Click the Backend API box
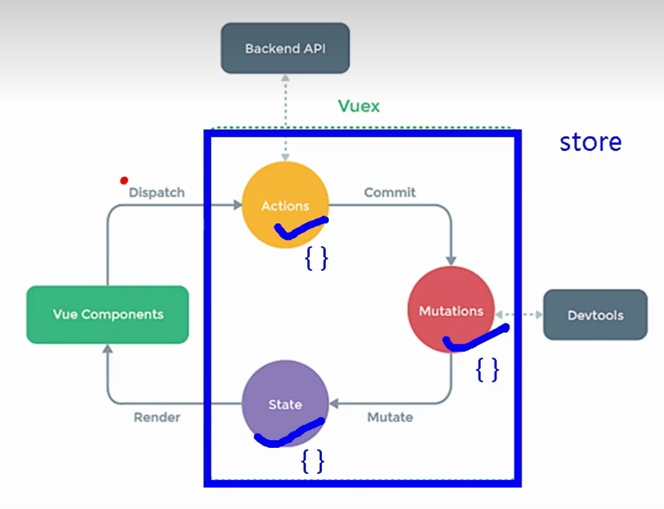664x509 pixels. pos(285,48)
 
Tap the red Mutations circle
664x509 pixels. pos(451,309)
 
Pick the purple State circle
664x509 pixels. pos(285,403)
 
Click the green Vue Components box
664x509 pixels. pos(107,314)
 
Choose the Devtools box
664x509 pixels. pos(595,315)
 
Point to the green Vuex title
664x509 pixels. pos(359,106)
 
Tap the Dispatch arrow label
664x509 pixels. pos(156,192)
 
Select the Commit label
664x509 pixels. pos(390,192)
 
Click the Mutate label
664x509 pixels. pos(390,417)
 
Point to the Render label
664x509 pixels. pos(156,417)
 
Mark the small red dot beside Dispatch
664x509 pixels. pos(124,181)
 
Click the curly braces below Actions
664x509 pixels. pos(316,258)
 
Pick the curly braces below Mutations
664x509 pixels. pos(487,370)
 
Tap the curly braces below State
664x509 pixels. pos(312,461)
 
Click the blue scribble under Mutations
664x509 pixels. pos(475,339)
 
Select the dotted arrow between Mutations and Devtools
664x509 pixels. pos(518,315)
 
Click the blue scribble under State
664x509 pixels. pos(289,433)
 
